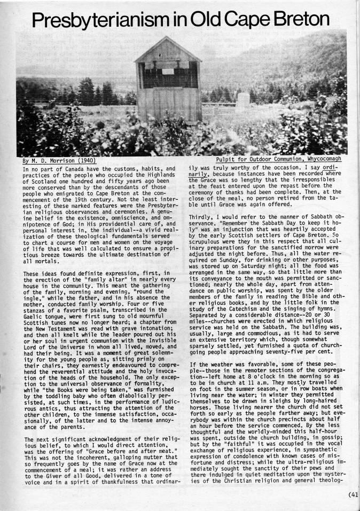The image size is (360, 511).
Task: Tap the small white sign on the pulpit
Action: click(168, 71)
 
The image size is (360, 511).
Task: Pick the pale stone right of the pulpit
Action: click(243, 100)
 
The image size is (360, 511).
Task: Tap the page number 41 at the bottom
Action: click(355, 494)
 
